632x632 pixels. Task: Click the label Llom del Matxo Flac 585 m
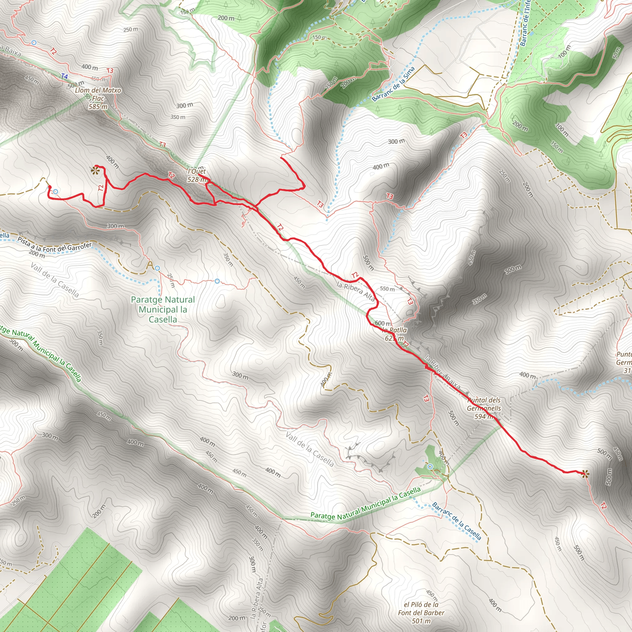pyautogui.click(x=98, y=98)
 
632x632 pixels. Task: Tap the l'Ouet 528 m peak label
pyautogui.click(x=197, y=175)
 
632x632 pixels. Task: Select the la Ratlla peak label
pyautogui.click(x=394, y=334)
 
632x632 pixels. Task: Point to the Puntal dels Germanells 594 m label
pyautogui.click(x=484, y=408)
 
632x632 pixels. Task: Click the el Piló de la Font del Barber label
pyautogui.click(x=421, y=612)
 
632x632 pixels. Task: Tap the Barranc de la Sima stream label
pyautogui.click(x=393, y=84)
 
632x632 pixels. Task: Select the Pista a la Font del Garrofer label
pyautogui.click(x=55, y=245)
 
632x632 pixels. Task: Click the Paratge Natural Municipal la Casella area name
pyautogui.click(x=163, y=309)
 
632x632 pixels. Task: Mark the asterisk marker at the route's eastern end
pyautogui.click(x=585, y=473)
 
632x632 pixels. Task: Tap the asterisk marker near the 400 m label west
pyautogui.click(x=95, y=170)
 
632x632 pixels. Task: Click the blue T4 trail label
pyautogui.click(x=64, y=76)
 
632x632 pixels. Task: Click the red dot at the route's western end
pyautogui.click(x=50, y=187)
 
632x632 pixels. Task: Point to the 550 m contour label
pyautogui.click(x=387, y=289)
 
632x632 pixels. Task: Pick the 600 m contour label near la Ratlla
pyautogui.click(x=382, y=323)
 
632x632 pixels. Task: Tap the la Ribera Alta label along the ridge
pyautogui.click(x=355, y=291)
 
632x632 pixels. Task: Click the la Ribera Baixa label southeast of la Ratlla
pyautogui.click(x=443, y=372)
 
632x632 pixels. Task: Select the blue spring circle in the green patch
pyautogui.click(x=430, y=467)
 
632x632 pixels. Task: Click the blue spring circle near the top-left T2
pyautogui.click(x=34, y=43)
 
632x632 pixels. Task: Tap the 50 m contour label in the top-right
pyautogui.click(x=616, y=53)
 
